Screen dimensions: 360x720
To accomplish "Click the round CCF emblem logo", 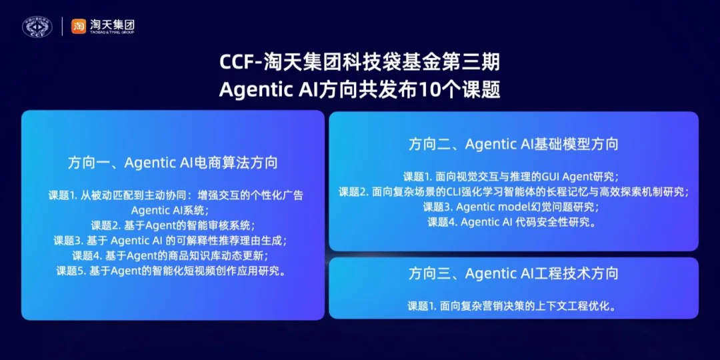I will (x=37, y=26).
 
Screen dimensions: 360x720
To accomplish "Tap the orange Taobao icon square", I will (x=79, y=26).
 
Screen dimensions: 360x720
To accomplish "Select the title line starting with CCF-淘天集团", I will (x=359, y=63).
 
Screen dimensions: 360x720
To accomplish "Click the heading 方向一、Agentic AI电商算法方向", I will (x=173, y=163).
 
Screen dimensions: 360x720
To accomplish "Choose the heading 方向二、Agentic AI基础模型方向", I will (x=513, y=144).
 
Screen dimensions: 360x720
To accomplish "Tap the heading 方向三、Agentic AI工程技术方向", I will (x=513, y=273).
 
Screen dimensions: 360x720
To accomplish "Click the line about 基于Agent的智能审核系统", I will (x=173, y=225).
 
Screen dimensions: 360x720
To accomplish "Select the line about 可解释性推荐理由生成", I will (x=173, y=240).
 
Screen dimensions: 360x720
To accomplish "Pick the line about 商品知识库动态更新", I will (x=173, y=255).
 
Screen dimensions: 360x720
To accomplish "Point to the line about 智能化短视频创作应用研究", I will (x=173, y=271).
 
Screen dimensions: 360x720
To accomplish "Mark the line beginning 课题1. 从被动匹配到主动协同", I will (x=175, y=195).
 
